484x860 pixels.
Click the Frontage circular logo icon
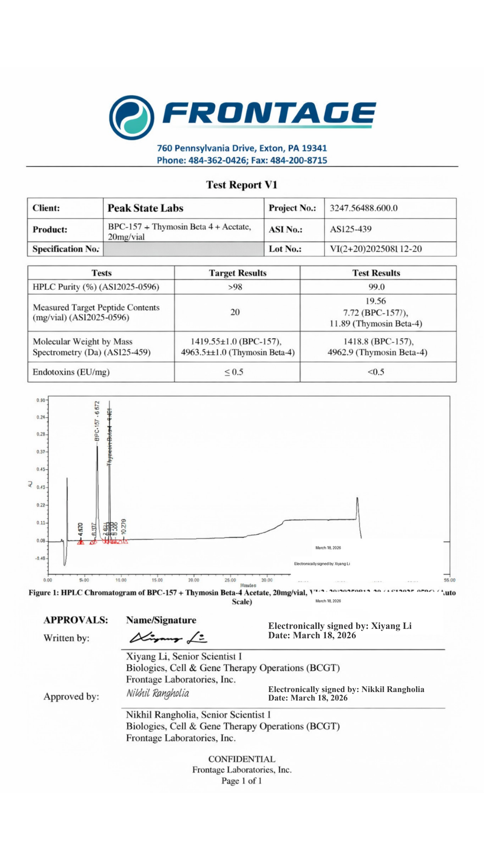point(132,117)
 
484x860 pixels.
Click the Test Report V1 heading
point(242,185)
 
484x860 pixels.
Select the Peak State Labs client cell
point(145,208)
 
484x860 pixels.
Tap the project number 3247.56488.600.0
point(363,208)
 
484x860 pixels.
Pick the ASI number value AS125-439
point(350,229)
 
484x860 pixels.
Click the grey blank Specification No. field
point(183,249)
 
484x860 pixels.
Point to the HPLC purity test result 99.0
point(376,287)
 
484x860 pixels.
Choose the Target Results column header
point(237,273)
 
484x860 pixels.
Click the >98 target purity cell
point(235,287)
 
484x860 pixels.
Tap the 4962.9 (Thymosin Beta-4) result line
point(377,353)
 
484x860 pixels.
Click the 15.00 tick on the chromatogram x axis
point(157,580)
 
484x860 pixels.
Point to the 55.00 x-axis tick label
point(449,580)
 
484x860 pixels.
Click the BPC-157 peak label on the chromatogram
point(97,421)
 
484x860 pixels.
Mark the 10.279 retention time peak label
point(124,527)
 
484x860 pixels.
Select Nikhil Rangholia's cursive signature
point(158,694)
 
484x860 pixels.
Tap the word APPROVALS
point(76,620)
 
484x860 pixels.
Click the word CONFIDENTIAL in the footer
point(242,759)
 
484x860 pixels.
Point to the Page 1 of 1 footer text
point(242,781)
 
